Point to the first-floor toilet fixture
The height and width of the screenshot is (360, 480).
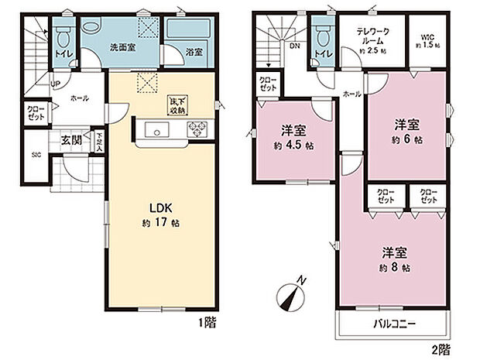point(63,36)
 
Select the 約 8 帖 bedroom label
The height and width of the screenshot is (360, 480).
point(395,259)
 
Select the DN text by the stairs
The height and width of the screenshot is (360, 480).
point(295,46)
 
